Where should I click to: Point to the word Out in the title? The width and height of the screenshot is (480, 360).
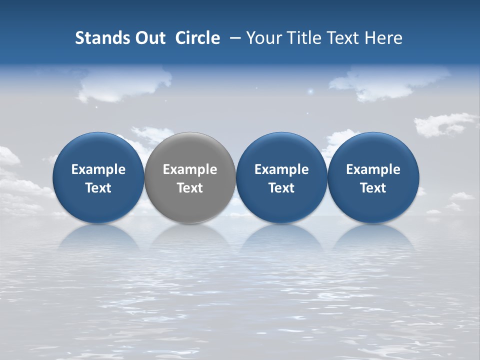[148, 38]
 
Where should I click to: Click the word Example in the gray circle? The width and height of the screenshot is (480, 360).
[190, 169]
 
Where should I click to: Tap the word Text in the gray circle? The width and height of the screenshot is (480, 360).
[190, 188]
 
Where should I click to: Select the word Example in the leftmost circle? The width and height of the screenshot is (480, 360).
[98, 169]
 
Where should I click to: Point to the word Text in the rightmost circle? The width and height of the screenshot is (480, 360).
[373, 188]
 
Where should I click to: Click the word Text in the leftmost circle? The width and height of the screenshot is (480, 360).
[98, 188]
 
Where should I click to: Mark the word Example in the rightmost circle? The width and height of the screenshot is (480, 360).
[373, 169]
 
